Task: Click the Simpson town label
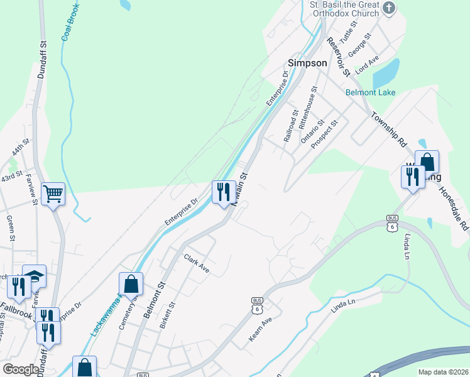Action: click(x=307, y=63)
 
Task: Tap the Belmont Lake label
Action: click(x=371, y=92)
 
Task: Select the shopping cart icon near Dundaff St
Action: click(x=53, y=194)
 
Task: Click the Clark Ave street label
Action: click(x=196, y=262)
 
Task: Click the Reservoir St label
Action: click(x=338, y=57)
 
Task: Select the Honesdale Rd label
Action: click(x=454, y=207)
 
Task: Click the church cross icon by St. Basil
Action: click(x=390, y=8)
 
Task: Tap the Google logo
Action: click(x=20, y=369)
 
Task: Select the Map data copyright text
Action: click(x=442, y=372)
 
